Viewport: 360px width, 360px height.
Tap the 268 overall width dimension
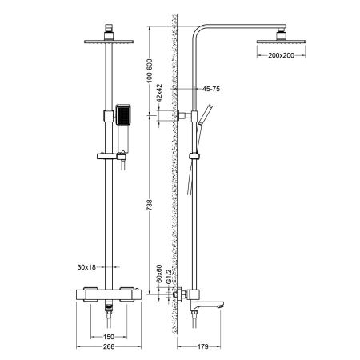[106, 350]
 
